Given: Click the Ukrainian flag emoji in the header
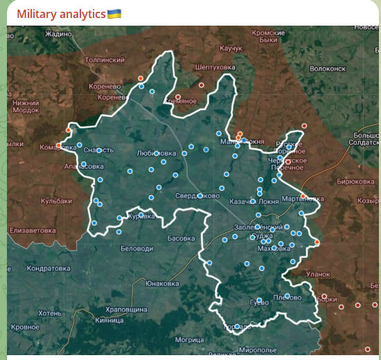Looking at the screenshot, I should pyautogui.click(x=114, y=14).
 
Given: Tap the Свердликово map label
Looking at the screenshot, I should pyautogui.click(x=197, y=196).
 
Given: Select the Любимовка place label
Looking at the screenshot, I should pyautogui.click(x=155, y=153).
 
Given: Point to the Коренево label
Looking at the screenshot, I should pyautogui.click(x=105, y=87).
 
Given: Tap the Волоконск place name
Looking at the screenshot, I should pyautogui.click(x=328, y=69).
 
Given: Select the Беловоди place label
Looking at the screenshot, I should pyautogui.click(x=136, y=248).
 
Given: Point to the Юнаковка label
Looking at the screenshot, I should pyautogui.click(x=162, y=283).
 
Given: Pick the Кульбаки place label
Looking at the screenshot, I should pyautogui.click(x=56, y=201).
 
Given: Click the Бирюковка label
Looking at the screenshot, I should pyautogui.click(x=355, y=181).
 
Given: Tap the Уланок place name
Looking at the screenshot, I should pyautogui.click(x=318, y=274).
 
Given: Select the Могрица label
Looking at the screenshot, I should pyautogui.click(x=189, y=340).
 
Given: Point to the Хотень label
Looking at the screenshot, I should pyautogui.click(x=49, y=313).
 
